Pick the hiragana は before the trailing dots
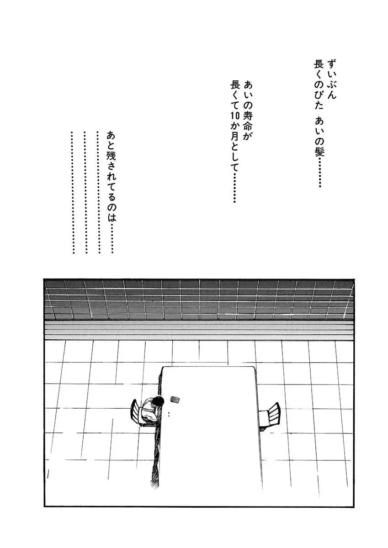[x=112, y=216]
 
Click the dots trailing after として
[x=234, y=188]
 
